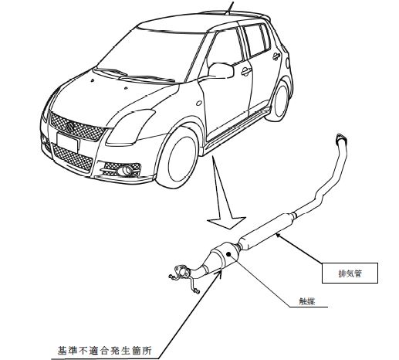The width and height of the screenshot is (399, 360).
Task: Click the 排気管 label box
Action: coord(350,273)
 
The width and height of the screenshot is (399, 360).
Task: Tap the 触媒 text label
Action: coord(307,301)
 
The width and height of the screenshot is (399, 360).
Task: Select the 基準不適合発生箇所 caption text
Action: coord(104,351)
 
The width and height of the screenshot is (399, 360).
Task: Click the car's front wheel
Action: coord(178,158)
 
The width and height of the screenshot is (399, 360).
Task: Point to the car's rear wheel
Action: coord(280,101)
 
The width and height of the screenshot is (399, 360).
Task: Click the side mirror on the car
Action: coord(221,70)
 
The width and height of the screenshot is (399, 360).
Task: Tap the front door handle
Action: coord(246,71)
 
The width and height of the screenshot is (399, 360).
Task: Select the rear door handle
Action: coord(276,56)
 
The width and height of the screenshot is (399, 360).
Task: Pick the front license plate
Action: coord(67,142)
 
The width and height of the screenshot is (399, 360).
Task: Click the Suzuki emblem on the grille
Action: coord(70,127)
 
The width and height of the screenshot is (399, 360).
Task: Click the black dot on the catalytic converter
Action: coord(228,254)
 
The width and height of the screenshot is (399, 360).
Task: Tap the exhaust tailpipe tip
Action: coord(341,138)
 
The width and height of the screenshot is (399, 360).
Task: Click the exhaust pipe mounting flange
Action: coord(182,271)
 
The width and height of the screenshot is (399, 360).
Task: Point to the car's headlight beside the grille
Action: coord(130,127)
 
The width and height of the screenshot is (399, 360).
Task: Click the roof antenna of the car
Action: coord(231,6)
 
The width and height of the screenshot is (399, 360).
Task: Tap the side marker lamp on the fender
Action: coord(199,103)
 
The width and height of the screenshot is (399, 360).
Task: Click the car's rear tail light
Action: coord(288,63)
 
